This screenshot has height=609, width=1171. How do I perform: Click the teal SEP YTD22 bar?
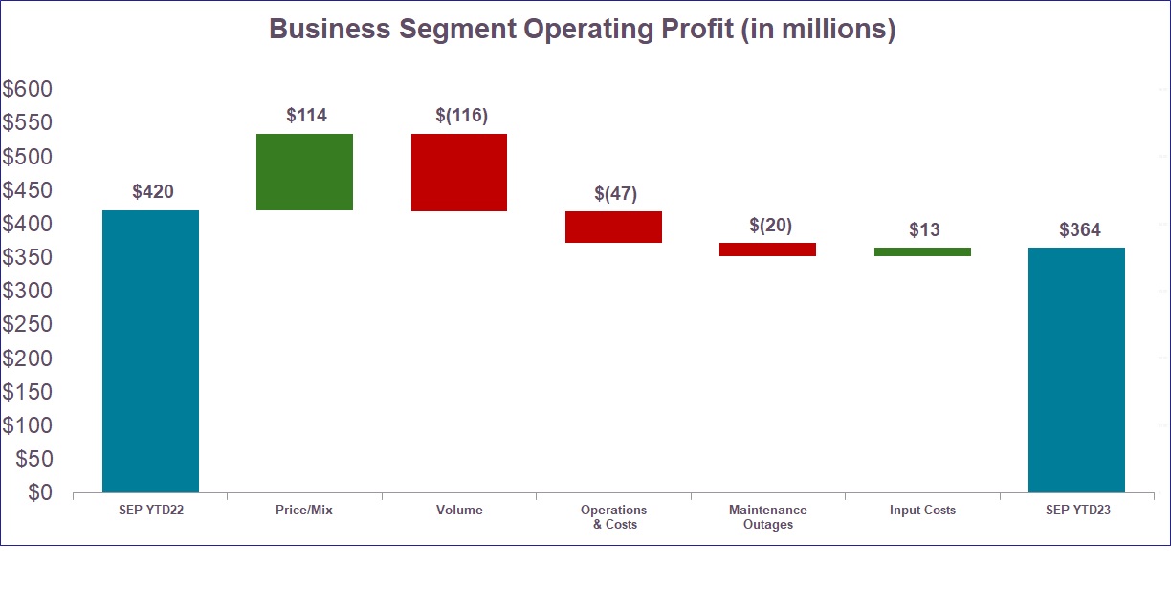click(x=151, y=351)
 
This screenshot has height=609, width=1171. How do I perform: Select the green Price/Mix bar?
click(x=305, y=172)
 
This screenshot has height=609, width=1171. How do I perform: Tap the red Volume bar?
click(x=459, y=172)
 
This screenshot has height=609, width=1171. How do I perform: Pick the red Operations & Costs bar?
click(x=613, y=227)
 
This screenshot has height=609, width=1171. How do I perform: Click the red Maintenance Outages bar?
click(x=767, y=250)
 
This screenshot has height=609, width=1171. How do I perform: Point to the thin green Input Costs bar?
click(x=922, y=251)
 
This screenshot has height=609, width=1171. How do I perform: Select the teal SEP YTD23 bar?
click(x=1076, y=370)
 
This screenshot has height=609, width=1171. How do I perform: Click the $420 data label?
click(x=152, y=192)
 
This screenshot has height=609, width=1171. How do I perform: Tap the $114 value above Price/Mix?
click(x=306, y=116)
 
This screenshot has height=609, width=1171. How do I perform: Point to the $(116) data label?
click(x=461, y=116)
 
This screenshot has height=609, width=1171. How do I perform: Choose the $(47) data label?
click(x=615, y=194)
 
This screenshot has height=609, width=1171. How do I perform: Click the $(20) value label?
click(x=770, y=226)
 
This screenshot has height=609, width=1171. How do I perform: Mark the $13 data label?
click(x=924, y=230)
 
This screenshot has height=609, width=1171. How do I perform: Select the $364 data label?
click(x=1079, y=230)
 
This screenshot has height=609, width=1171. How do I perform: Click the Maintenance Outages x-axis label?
click(x=767, y=517)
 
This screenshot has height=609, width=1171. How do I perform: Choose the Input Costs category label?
click(x=922, y=511)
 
